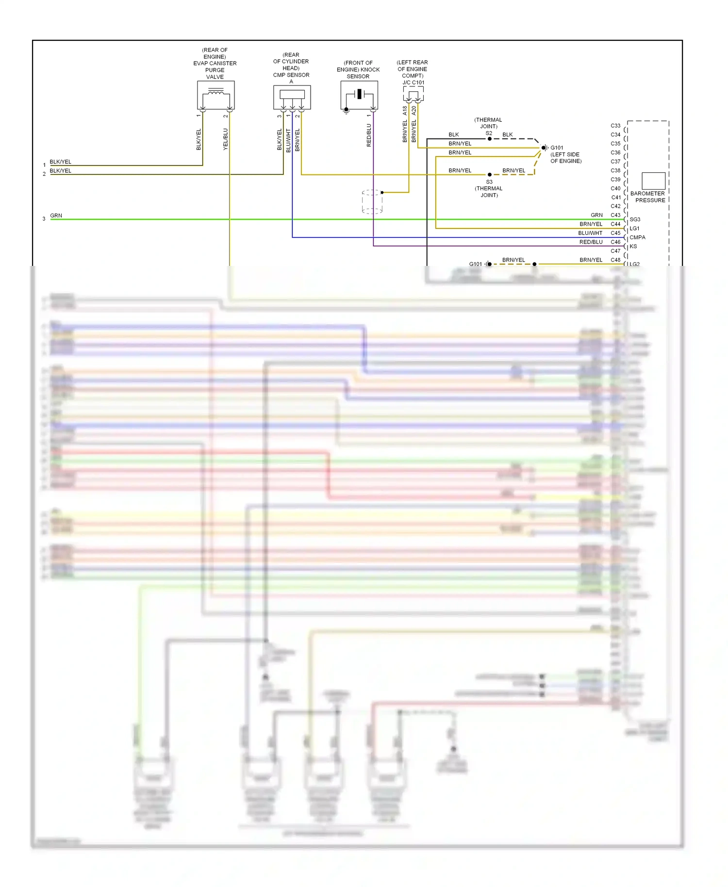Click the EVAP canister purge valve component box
click(x=215, y=95)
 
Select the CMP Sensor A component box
click(x=292, y=98)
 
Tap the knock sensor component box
click(x=359, y=95)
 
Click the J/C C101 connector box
click(x=413, y=94)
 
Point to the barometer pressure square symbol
click(x=653, y=181)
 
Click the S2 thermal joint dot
click(x=490, y=139)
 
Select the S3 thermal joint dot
click(x=490, y=175)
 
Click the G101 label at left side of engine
click(x=557, y=148)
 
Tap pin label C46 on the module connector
click(x=615, y=242)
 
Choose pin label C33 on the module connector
click(x=615, y=126)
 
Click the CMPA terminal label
click(x=637, y=237)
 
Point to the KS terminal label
click(x=633, y=246)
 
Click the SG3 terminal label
click(x=635, y=219)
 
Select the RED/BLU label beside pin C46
click(x=591, y=242)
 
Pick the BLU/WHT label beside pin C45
click(x=590, y=233)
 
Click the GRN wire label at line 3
click(x=56, y=215)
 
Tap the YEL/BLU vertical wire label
click(x=225, y=139)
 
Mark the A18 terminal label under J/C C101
click(x=405, y=111)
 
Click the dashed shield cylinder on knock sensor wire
click(x=372, y=202)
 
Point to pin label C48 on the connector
click(x=615, y=260)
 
